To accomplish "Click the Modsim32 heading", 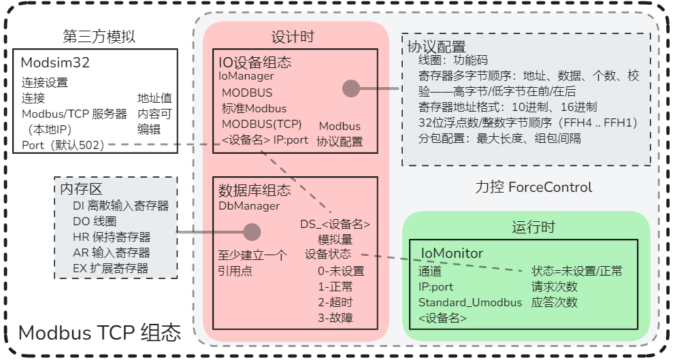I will [x=55, y=63].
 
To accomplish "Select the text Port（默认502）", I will [x=62, y=145].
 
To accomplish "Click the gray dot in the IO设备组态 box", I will [x=350, y=88].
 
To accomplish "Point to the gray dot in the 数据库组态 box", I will [x=252, y=232].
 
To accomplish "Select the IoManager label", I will [x=246, y=76].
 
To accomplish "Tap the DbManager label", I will [x=249, y=206].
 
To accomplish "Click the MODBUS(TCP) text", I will [x=261, y=124].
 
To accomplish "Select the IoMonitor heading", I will [x=452, y=254].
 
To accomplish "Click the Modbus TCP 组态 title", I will [x=100, y=333].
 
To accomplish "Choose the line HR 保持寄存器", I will [x=112, y=237].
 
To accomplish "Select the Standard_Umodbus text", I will [x=470, y=302].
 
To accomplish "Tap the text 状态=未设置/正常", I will [x=576, y=271].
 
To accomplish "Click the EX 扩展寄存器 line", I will [x=110, y=268].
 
